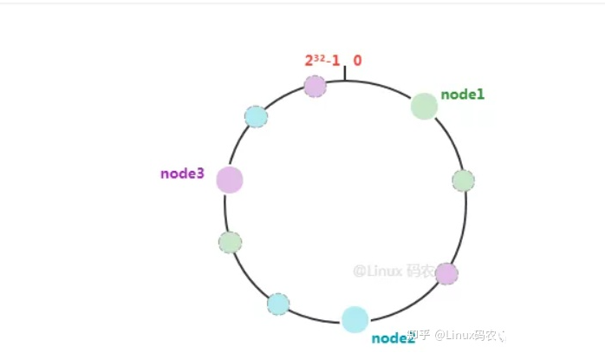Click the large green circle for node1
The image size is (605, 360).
[x=424, y=106]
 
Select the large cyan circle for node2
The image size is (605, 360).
[x=355, y=319]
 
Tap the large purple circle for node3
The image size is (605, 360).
[x=230, y=180]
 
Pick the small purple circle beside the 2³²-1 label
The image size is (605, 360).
[x=315, y=86]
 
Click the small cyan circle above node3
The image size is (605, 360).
[x=256, y=116]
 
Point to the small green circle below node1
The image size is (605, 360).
[x=463, y=180]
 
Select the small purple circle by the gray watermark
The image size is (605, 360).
[x=446, y=274]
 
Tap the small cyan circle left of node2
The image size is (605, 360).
[x=278, y=304]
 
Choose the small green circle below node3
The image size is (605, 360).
[x=230, y=242]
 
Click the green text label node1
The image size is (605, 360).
[x=462, y=94]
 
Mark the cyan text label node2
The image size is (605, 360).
[x=394, y=338]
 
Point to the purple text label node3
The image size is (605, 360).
[x=182, y=173]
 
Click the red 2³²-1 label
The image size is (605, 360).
[x=321, y=62]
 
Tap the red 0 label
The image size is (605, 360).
[x=357, y=61]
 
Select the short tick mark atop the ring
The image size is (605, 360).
[x=345, y=75]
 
